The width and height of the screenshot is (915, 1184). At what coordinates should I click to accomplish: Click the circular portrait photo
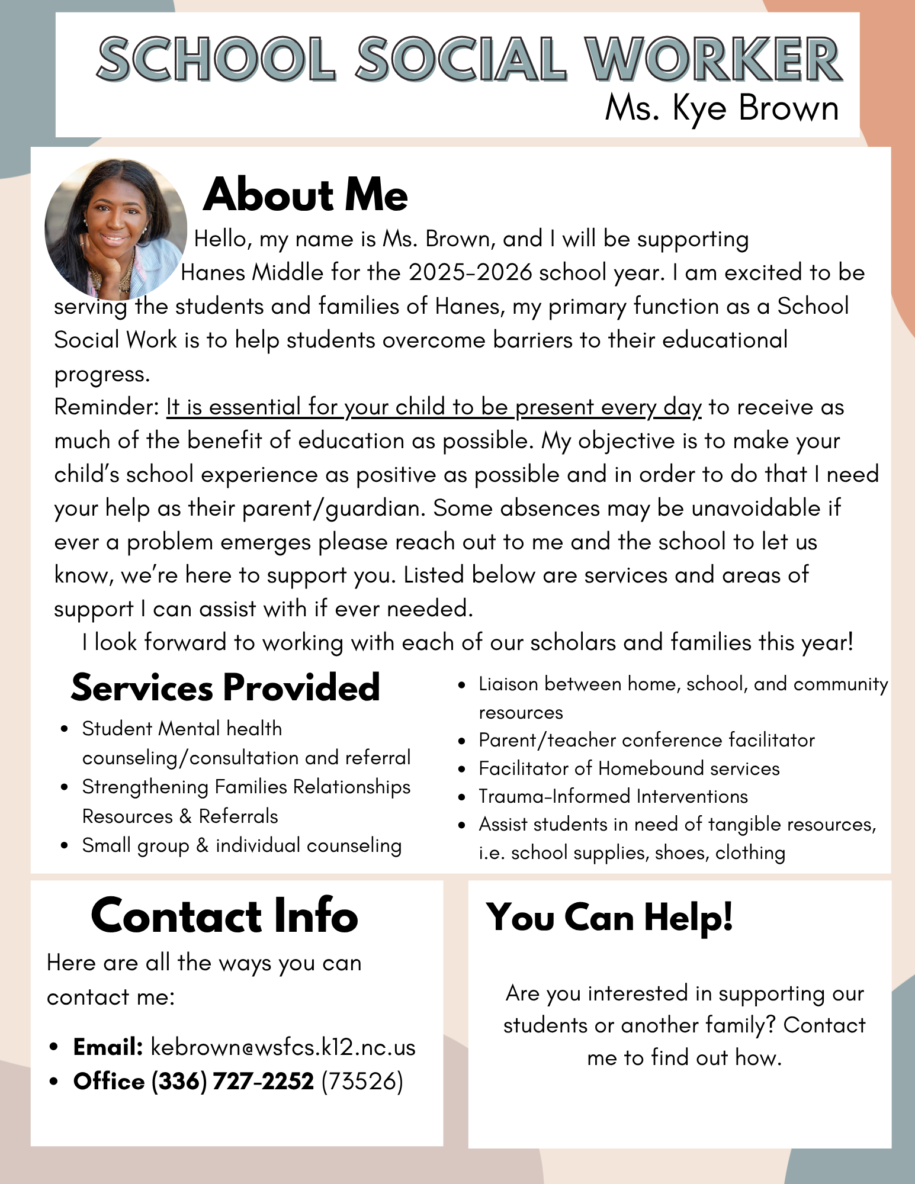pos(116,229)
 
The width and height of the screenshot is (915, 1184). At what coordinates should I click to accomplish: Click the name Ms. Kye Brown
pos(721,109)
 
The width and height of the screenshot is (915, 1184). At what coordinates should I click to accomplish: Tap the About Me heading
pos(306,195)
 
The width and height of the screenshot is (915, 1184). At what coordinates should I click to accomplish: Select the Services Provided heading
pos(225,688)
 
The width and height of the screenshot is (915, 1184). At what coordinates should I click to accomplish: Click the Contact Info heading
pos(224,916)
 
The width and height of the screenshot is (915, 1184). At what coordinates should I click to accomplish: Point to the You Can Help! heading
pos(609,918)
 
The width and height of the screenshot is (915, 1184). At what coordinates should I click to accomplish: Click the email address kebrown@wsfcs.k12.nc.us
pos(283,1047)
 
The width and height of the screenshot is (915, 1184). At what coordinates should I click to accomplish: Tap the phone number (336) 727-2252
pos(233,1082)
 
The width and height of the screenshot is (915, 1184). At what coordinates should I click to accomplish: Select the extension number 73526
pos(362,1082)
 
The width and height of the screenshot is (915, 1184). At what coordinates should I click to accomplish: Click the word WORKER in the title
pos(713,59)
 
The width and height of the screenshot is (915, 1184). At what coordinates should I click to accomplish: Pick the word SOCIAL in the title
pos(461,59)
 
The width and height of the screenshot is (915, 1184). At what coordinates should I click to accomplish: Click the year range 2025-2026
pos(470,272)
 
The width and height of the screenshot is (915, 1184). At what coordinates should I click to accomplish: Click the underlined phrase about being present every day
pos(434,407)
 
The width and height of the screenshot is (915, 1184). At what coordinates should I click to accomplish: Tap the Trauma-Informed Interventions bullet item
pos(613,796)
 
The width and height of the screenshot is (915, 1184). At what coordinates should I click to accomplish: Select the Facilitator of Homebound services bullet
pos(629,768)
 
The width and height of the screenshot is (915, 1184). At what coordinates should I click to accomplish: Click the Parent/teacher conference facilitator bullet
pos(647,740)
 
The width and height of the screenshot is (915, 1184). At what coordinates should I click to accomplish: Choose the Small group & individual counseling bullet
pos(242,845)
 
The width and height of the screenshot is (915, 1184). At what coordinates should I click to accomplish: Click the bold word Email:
pos(108,1047)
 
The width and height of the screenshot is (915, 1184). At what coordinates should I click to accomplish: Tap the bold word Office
pos(109,1082)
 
